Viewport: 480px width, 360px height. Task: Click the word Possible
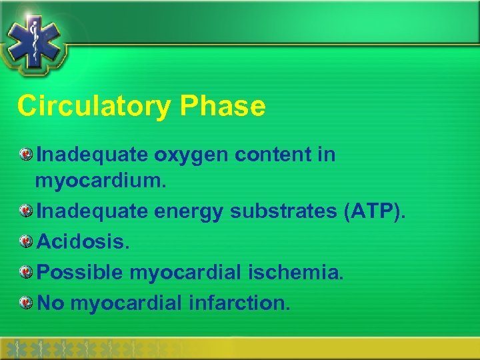[x=79, y=272]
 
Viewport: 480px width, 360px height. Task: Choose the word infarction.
[x=239, y=303]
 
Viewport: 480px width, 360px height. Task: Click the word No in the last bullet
[x=50, y=303]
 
